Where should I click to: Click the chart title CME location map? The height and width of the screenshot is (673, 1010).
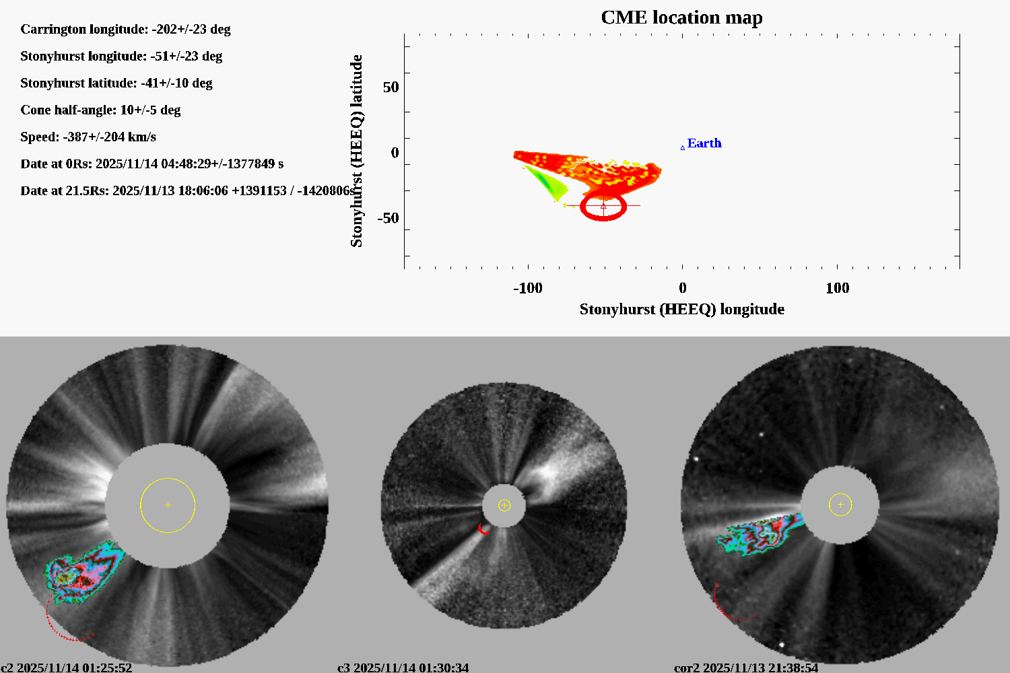pyautogui.click(x=681, y=17)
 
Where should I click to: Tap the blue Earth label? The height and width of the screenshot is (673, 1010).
pyautogui.click(x=704, y=143)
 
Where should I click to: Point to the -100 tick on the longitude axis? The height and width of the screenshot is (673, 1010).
pyautogui.click(x=527, y=288)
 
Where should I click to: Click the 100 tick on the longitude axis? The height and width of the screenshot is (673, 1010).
pyautogui.click(x=837, y=288)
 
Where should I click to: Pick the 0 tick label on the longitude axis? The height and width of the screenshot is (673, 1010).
pyautogui.click(x=682, y=288)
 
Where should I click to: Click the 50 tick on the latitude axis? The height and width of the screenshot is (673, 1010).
pyautogui.click(x=391, y=87)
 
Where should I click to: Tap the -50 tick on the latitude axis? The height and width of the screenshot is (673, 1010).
pyautogui.click(x=388, y=218)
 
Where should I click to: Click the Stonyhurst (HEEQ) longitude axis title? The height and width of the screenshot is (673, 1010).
pyautogui.click(x=681, y=310)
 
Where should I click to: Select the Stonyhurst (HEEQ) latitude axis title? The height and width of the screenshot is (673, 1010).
pyautogui.click(x=356, y=151)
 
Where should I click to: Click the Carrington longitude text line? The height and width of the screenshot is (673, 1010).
pyautogui.click(x=125, y=30)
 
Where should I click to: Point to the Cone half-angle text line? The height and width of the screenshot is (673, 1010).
pyautogui.click(x=100, y=110)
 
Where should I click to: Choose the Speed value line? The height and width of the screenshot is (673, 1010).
pyautogui.click(x=88, y=137)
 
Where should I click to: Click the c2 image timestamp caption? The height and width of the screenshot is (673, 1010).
pyautogui.click(x=67, y=668)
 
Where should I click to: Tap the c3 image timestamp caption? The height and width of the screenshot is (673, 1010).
pyautogui.click(x=403, y=668)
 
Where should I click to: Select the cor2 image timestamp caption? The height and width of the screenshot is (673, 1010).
pyautogui.click(x=746, y=668)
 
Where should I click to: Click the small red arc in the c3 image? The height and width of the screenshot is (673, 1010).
pyautogui.click(x=481, y=530)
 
